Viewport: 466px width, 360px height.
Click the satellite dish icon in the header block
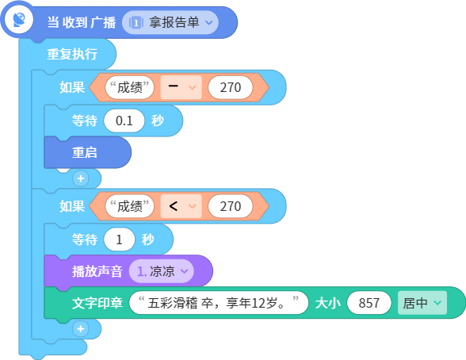(19, 20)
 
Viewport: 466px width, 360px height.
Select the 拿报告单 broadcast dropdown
(170, 22)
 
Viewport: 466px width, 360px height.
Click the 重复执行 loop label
(72, 54)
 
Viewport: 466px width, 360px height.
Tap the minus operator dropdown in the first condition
(181, 87)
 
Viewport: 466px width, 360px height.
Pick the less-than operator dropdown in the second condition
(181, 206)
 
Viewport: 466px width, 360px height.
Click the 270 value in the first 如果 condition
(231, 87)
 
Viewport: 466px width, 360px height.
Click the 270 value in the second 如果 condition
(231, 206)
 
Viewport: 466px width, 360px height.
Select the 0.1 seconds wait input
(124, 121)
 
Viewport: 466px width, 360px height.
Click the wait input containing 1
(119, 239)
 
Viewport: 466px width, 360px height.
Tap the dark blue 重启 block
(87, 152)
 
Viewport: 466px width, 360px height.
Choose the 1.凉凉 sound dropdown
(162, 271)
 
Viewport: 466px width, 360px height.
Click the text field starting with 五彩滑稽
(219, 303)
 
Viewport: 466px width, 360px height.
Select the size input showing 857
(369, 303)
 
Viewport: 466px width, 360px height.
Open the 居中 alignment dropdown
(422, 303)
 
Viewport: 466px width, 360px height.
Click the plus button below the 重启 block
(81, 178)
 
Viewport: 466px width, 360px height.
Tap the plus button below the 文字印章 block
(81, 329)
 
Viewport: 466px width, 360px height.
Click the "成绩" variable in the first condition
(130, 87)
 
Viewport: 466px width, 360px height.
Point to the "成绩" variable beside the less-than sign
(130, 206)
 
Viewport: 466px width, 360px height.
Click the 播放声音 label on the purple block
(97, 271)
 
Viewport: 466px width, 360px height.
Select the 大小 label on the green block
(327, 303)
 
